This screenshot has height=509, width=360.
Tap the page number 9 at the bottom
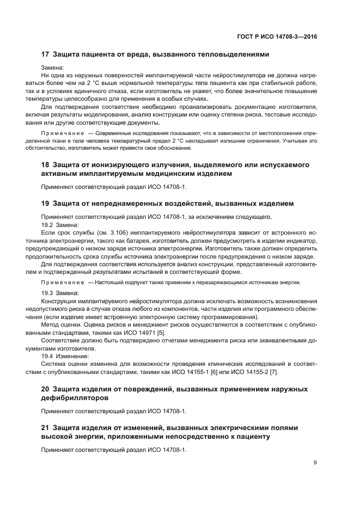click(x=315, y=463)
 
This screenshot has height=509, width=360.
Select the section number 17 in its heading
click(x=45, y=54)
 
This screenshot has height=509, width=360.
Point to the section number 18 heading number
click(x=45, y=164)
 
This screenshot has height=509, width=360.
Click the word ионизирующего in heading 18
click(x=111, y=164)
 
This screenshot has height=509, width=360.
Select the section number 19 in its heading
click(x=45, y=203)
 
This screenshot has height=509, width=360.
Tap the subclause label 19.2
click(x=48, y=224)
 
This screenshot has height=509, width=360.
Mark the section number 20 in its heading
click(x=45, y=389)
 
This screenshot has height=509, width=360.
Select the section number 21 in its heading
click(x=45, y=427)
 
